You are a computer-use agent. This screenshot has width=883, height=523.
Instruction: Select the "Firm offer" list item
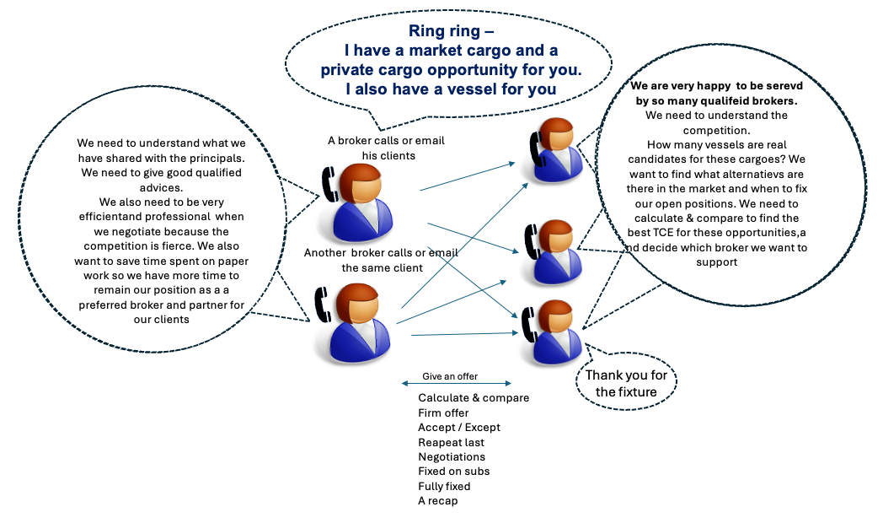(x=443, y=412)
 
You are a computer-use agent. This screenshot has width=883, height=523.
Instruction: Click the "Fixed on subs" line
(x=453, y=471)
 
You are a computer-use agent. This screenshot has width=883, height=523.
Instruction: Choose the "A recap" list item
(x=437, y=500)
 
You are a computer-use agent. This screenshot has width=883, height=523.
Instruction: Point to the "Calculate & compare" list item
(x=474, y=397)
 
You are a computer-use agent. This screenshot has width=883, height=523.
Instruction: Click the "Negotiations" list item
(x=452, y=456)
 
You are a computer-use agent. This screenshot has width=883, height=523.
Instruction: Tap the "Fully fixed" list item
(x=444, y=486)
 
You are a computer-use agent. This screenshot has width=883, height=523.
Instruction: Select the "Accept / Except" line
(x=459, y=427)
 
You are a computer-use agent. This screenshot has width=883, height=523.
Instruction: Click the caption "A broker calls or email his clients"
(x=386, y=148)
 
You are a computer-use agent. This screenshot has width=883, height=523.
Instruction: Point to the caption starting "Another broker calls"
(x=381, y=260)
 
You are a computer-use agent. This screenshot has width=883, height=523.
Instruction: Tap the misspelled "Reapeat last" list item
(x=451, y=442)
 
